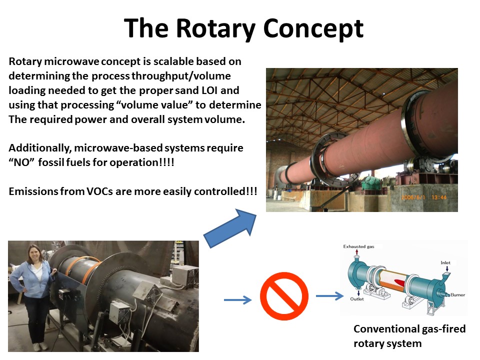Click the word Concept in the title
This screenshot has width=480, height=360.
(x=313, y=29)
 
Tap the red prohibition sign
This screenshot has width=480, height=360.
(x=284, y=296)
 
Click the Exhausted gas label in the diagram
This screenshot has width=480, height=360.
(x=358, y=246)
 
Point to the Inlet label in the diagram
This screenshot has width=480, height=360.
(x=445, y=262)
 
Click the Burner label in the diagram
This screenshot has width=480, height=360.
(x=457, y=295)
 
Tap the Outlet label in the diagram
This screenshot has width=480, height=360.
(x=357, y=299)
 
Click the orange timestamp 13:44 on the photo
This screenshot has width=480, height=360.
(x=439, y=197)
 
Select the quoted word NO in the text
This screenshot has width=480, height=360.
(x=21, y=162)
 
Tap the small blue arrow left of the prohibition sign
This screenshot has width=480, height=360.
(x=238, y=299)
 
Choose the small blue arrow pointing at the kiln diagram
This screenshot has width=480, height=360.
(x=329, y=295)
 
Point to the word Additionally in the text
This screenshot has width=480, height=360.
(x=40, y=148)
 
